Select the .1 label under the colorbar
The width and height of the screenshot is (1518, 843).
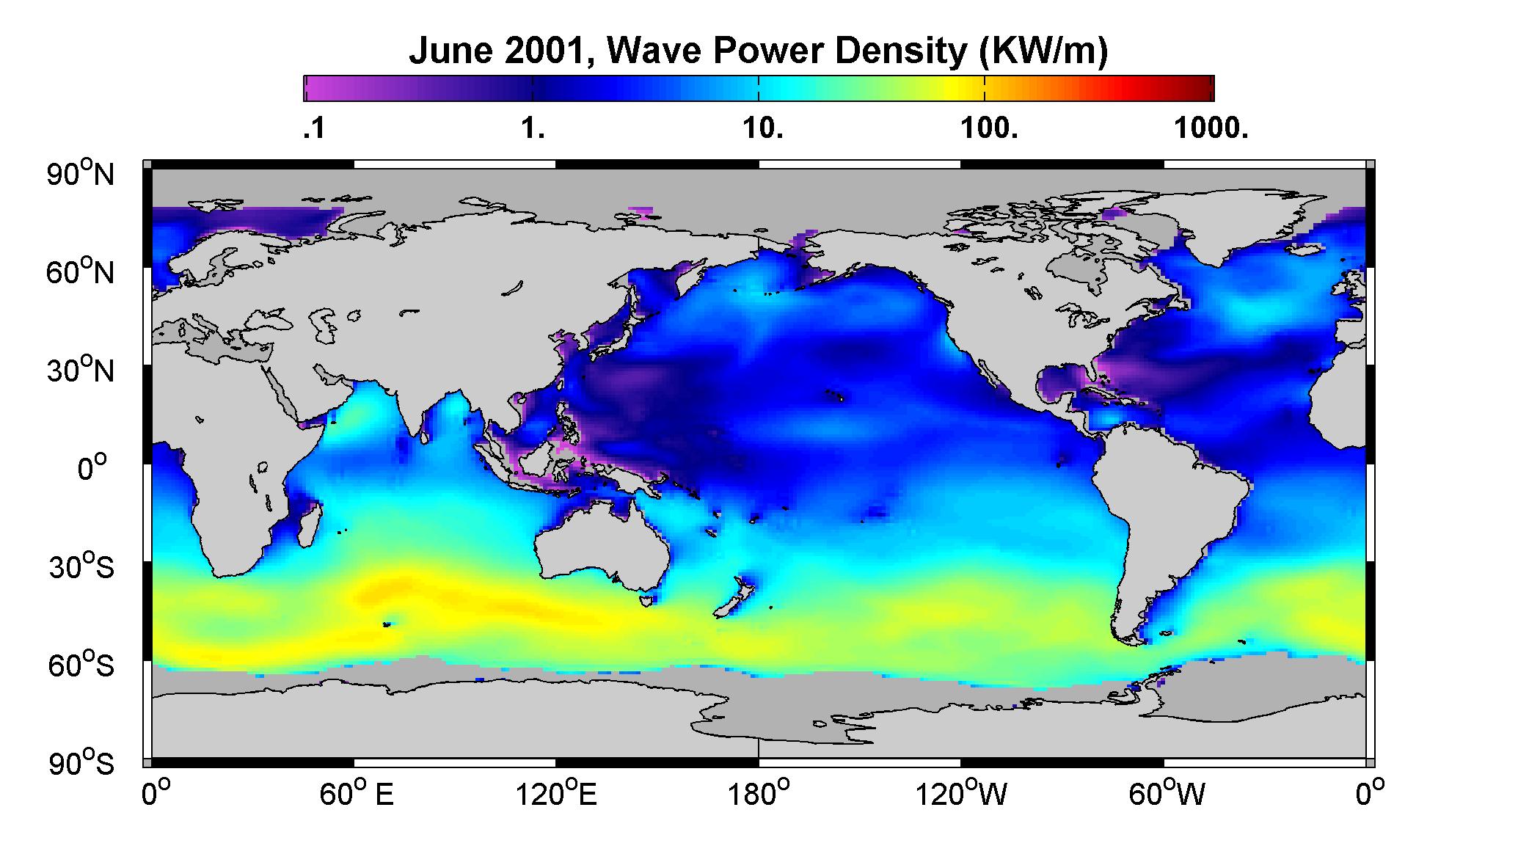(314, 130)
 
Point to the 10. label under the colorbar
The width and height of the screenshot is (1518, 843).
(763, 130)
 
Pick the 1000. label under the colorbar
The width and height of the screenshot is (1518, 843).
(1211, 130)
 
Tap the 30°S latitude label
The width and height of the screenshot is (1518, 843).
(81, 566)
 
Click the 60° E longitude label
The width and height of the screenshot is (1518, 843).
(357, 793)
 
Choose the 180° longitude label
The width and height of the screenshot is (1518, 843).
(759, 793)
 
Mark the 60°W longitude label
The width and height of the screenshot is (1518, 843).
(1167, 793)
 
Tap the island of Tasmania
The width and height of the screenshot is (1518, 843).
(646, 601)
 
